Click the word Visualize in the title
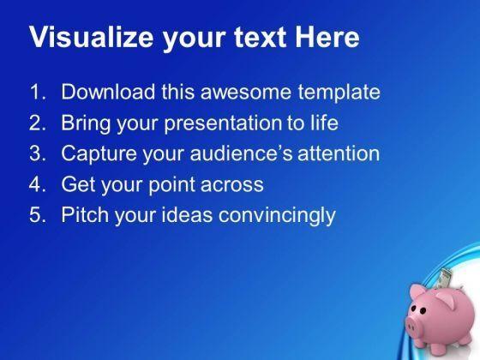pos(91,37)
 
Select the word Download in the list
pos(108,92)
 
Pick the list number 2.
pos(38,123)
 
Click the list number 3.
pos(38,153)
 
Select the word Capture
pos(99,154)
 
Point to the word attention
pos(339,153)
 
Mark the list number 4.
pos(38,183)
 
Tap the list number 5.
pos(38,214)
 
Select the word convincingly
pos(277,215)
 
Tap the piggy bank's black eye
pos(423,310)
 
